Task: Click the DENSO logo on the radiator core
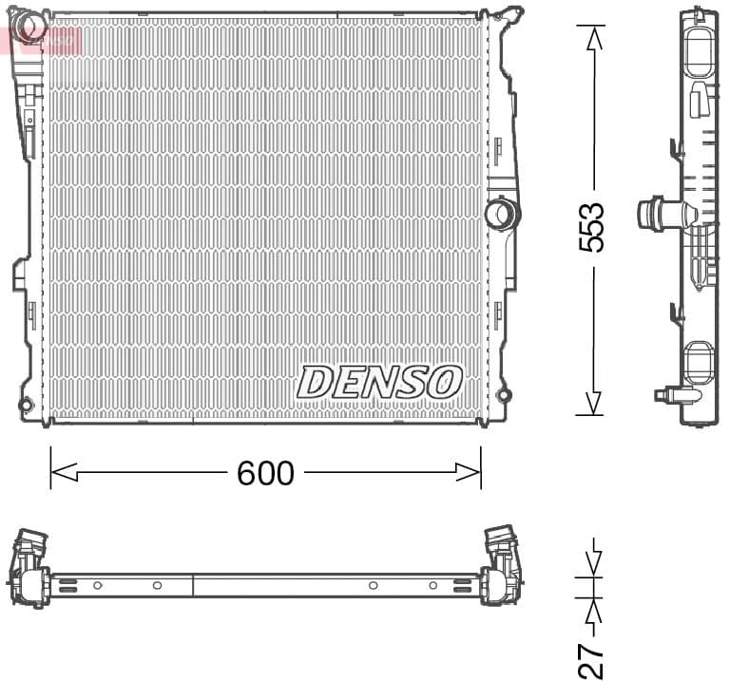[x=379, y=382]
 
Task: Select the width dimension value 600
[x=265, y=473]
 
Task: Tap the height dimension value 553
[x=591, y=227]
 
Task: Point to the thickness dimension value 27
[x=591, y=654]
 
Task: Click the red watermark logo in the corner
[x=43, y=39]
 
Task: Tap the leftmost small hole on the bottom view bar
[x=97, y=585]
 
